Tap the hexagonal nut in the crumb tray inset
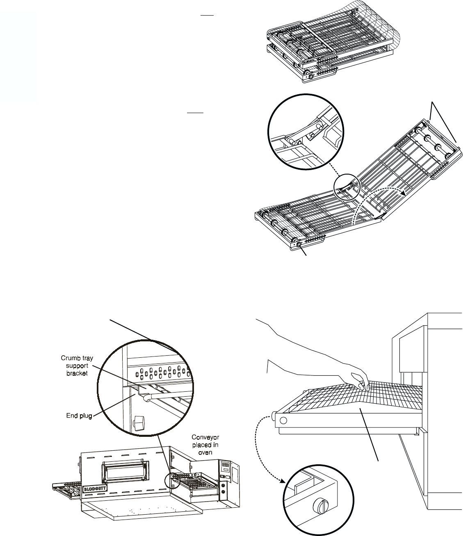140,422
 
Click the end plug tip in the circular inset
145,397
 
